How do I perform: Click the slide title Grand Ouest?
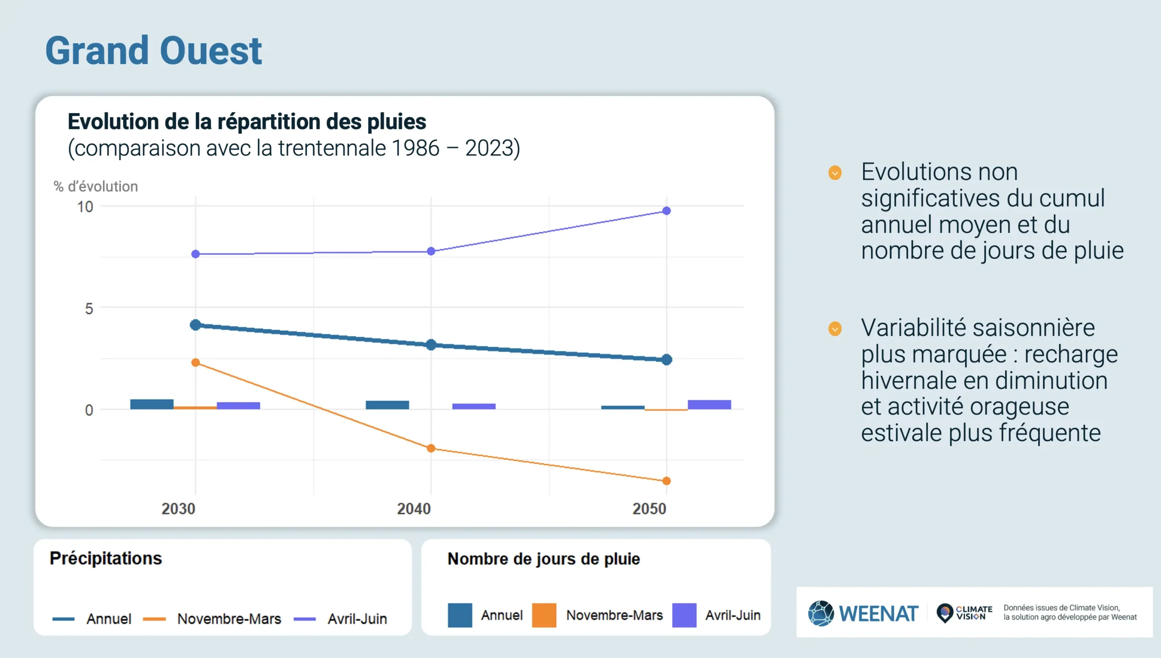pos(153,51)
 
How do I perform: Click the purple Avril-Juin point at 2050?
pos(666,211)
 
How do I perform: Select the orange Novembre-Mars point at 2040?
pos(431,448)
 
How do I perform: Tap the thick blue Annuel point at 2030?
pos(195,325)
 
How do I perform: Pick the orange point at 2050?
pos(666,481)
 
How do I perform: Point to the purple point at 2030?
pos(195,254)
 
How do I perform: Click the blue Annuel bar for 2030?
pos(152,404)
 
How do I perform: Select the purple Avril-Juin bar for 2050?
pos(709,405)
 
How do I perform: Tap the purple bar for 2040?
pos(473,407)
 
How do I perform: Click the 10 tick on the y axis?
pos(85,207)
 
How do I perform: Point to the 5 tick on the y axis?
pos(89,309)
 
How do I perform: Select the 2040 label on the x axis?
pos(414,509)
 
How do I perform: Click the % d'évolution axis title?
pos(96,187)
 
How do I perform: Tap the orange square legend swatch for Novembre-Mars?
pos(544,615)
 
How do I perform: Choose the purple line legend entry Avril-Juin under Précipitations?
pos(340,619)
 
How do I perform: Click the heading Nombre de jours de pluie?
pos(543,559)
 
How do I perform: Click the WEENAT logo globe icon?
pos(820,613)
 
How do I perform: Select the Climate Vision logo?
pos(964,613)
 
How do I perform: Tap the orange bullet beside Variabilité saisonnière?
pos(835,329)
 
